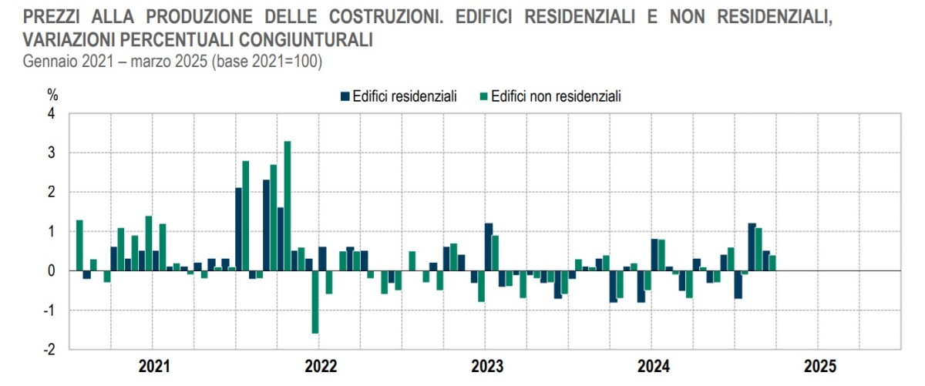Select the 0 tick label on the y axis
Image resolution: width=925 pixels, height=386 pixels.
[x=51, y=271]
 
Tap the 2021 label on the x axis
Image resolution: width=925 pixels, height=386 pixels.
[x=156, y=366]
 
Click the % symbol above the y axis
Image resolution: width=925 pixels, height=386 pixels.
[x=52, y=96]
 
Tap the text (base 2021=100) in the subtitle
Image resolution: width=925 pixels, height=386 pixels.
[x=264, y=62]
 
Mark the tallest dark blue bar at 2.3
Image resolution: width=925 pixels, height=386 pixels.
[x=266, y=226]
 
